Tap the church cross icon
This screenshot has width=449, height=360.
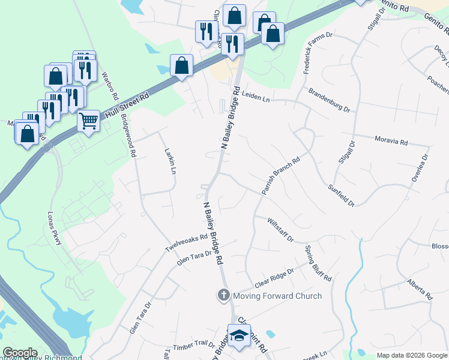pos(223,295)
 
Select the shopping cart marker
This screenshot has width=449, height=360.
pos(89,121)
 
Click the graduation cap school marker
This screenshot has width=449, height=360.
pos(239,335)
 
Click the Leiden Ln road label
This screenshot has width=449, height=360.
pos(257,97)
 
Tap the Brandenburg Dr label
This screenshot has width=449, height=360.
pos(329,100)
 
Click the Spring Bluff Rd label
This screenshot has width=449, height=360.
pos(318,263)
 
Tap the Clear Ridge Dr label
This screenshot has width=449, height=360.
pos(274,278)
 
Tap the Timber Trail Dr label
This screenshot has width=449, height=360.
pos(194,345)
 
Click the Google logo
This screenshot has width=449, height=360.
pos(20,353)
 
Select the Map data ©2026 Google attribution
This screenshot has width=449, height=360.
pos(411,355)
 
